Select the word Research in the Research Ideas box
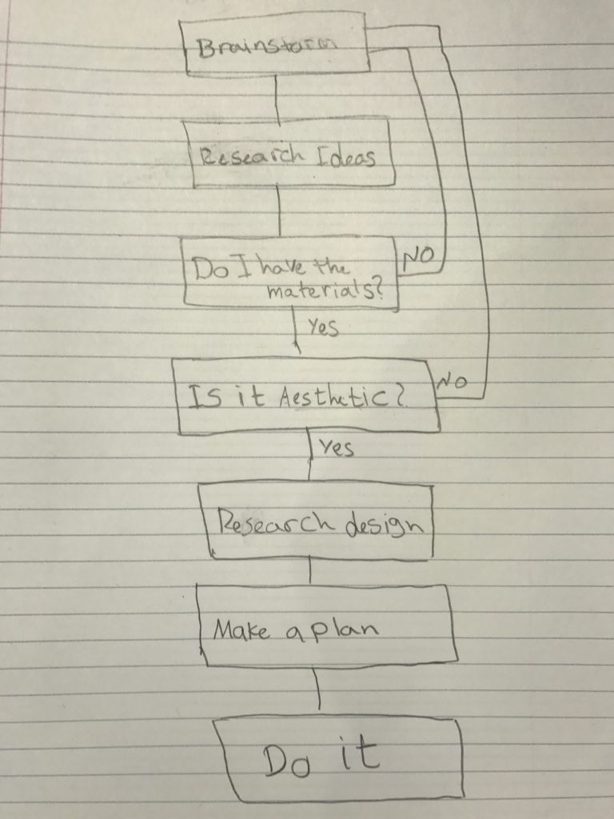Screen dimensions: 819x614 (244, 155)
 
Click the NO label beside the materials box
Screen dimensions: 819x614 (418, 258)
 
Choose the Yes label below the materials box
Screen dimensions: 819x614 (322, 327)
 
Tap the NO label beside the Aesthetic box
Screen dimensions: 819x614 (451, 384)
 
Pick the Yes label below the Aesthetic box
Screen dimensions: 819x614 (336, 449)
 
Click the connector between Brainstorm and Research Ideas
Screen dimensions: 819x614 (277, 99)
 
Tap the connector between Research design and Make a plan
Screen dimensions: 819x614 (310, 571)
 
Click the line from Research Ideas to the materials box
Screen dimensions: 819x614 (279, 211)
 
